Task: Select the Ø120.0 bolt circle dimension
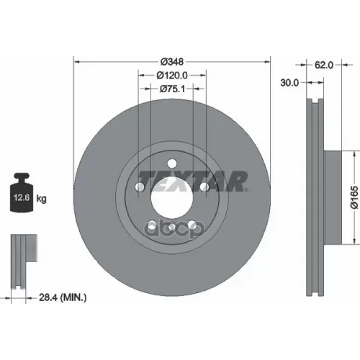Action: pos(173,75)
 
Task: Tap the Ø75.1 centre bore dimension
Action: pos(173,89)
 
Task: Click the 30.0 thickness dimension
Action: pos(290,83)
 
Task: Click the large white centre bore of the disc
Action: pos(173,196)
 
